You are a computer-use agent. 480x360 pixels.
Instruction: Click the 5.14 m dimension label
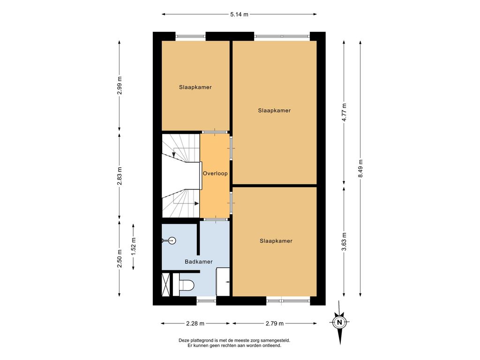point(239,14)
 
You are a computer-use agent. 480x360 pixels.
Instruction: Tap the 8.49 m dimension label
point(360,168)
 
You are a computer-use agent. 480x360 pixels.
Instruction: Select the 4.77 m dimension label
point(345,112)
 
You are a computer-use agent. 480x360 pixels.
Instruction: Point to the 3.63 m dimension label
point(345,241)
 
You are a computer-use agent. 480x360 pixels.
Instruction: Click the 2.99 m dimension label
point(120,85)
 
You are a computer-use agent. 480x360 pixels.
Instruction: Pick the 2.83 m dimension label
point(120,176)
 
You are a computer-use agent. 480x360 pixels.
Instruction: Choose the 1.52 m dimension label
point(134,247)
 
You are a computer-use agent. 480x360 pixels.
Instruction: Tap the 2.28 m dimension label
point(195,323)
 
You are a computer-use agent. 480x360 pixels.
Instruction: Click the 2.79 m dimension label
point(275,323)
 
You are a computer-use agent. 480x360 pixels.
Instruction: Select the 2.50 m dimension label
point(120,259)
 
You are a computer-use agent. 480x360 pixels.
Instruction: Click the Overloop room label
point(215,173)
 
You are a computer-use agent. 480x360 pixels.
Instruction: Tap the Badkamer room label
point(199,262)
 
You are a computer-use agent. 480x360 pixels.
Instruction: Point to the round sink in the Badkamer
point(172,240)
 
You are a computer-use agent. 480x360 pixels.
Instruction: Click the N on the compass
point(339,322)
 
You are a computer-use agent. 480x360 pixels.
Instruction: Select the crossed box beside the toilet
point(165,285)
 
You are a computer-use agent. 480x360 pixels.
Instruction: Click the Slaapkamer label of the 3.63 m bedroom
point(276,241)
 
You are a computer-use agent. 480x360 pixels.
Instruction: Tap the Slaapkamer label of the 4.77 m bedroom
point(274,111)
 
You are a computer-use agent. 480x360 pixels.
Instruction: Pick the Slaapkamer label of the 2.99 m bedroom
point(195,87)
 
